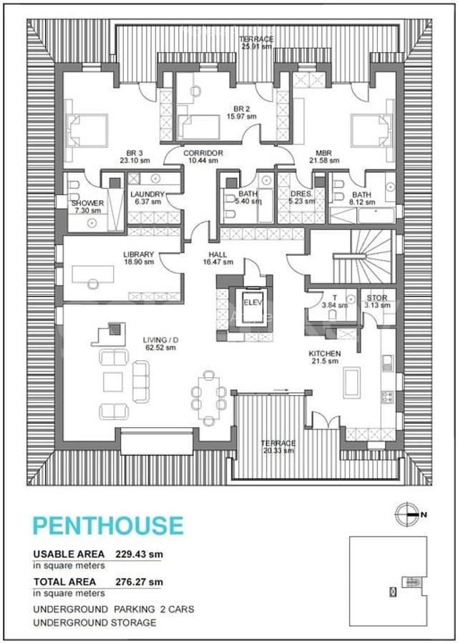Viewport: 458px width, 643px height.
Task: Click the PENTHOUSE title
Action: click(x=108, y=525)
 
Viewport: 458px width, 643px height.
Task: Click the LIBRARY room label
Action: click(x=139, y=254)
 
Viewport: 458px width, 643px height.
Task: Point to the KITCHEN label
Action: click(x=324, y=354)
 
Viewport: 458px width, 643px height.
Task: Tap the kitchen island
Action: click(x=353, y=382)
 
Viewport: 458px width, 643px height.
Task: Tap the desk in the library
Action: click(x=93, y=274)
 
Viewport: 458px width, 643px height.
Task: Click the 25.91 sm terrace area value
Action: click(x=256, y=46)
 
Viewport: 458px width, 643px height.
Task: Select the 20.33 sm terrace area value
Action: click(x=278, y=451)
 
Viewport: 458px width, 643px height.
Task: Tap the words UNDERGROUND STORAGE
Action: click(x=94, y=622)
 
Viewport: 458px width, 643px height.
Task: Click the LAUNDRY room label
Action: click(x=147, y=194)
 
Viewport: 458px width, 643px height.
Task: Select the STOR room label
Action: click(x=377, y=297)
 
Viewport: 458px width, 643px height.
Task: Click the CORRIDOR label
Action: click(x=203, y=154)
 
